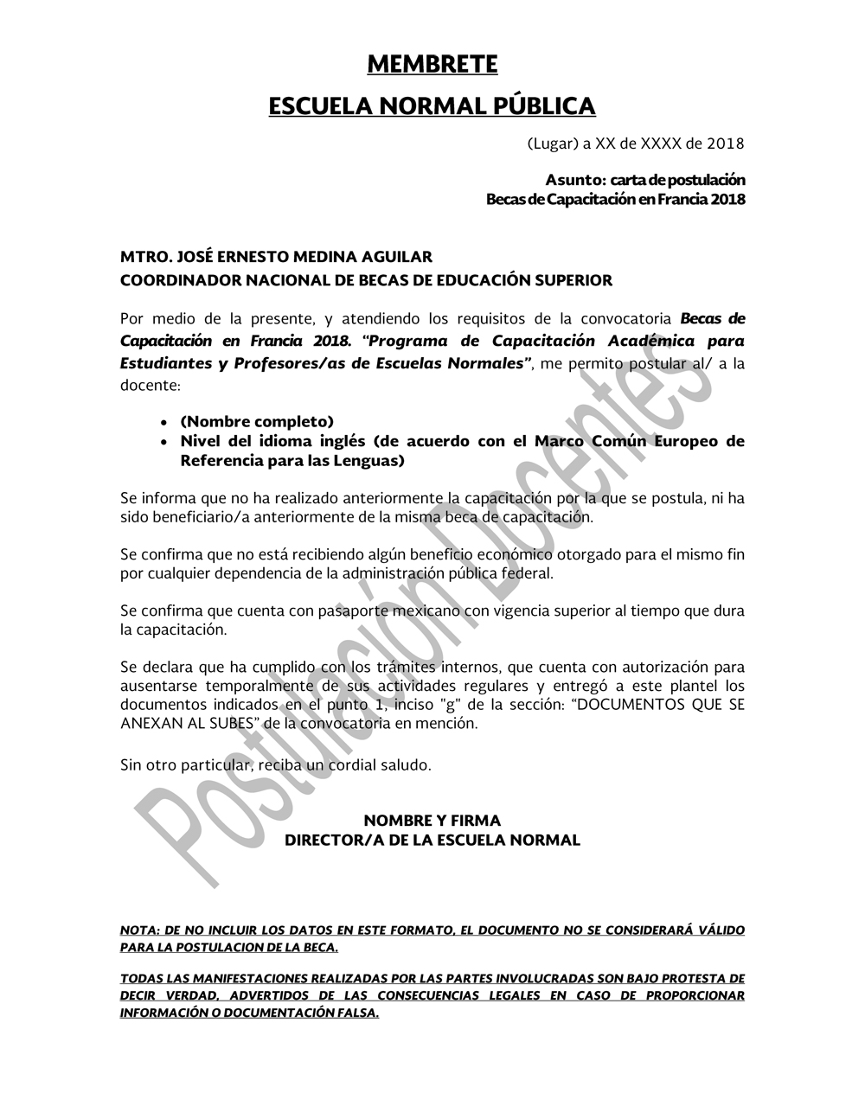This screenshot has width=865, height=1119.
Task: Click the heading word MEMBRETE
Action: [432, 65]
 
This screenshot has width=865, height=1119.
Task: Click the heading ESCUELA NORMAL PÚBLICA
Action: [432, 106]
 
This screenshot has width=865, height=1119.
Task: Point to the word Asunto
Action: [575, 181]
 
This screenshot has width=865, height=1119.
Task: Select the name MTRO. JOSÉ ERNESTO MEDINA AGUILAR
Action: [276, 258]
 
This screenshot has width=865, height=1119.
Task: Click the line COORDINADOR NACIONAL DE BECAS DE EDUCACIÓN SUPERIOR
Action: [366, 280]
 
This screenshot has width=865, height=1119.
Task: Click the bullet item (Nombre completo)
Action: [257, 422]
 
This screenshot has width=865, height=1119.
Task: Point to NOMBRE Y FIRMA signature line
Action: [432, 821]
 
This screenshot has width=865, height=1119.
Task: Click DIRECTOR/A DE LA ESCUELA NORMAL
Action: [432, 840]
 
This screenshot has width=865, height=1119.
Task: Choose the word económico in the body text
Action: [549, 554]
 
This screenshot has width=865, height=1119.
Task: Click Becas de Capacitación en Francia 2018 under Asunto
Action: [615, 200]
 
